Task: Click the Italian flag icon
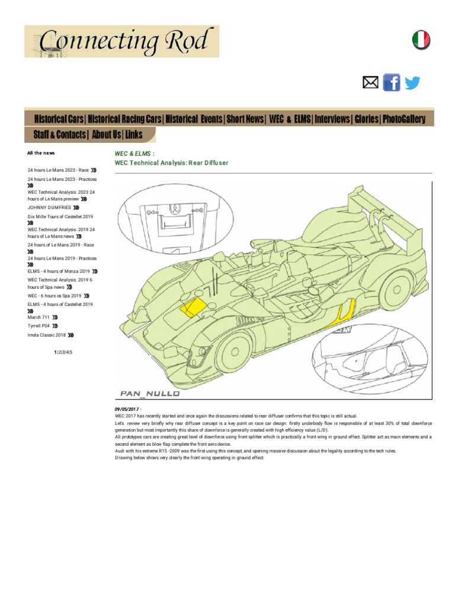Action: pyautogui.click(x=421, y=40)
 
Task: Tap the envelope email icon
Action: pyautogui.click(x=370, y=83)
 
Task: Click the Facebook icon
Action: pyautogui.click(x=392, y=82)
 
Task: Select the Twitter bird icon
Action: pyautogui.click(x=412, y=83)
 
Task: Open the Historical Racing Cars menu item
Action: pyautogui.click(x=125, y=119)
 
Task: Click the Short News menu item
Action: pyautogui.click(x=245, y=119)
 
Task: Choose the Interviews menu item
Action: pyautogui.click(x=332, y=119)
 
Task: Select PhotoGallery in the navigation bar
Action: pyautogui.click(x=404, y=119)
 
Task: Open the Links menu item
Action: pyautogui.click(x=134, y=135)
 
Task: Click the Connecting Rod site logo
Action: pyautogui.click(x=121, y=41)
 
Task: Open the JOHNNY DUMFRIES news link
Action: pyautogui.click(x=49, y=208)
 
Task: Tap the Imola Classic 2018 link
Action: pyautogui.click(x=47, y=335)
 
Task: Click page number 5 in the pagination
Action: pyautogui.click(x=71, y=352)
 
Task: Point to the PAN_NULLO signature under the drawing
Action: pyautogui.click(x=149, y=392)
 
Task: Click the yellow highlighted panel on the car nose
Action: pyautogui.click(x=191, y=307)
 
